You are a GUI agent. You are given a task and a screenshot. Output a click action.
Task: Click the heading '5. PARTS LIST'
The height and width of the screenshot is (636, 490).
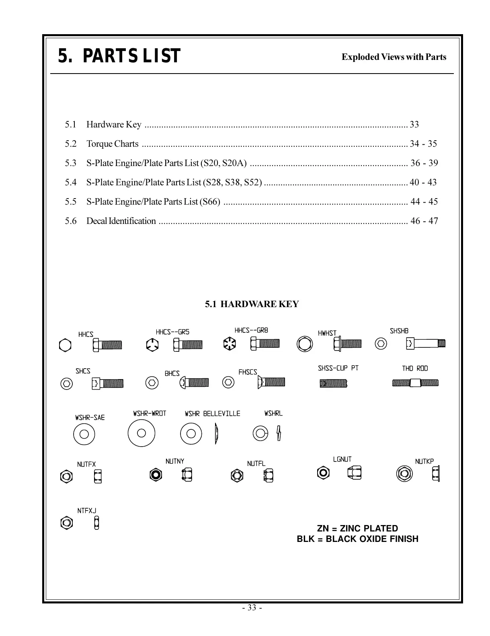[119, 56]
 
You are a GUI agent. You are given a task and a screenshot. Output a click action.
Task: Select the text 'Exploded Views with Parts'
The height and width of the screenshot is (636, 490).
[394, 57]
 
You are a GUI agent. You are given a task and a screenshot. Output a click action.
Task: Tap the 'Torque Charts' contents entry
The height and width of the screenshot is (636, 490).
[112, 144]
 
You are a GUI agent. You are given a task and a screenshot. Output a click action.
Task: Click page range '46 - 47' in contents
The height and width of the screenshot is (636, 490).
[424, 221]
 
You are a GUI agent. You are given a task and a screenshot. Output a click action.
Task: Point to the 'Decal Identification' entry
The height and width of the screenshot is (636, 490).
[121, 221]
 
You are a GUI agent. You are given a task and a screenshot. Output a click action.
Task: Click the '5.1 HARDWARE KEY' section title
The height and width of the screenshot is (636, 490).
[252, 304]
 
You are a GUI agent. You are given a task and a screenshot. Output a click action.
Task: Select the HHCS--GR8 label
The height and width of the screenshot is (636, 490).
[251, 330]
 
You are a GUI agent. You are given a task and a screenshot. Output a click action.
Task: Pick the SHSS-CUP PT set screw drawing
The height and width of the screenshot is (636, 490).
[333, 384]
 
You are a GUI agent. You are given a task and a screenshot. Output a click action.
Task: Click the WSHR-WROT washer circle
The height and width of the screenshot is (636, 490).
[141, 433]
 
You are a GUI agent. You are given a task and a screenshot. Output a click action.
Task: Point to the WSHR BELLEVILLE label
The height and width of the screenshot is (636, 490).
[212, 414]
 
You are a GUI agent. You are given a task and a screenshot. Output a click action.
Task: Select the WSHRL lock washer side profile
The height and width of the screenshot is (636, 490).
[279, 433]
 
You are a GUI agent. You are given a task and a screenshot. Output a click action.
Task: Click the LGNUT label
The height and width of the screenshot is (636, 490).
[342, 459]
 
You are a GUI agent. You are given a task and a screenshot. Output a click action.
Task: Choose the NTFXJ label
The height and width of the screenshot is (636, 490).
[87, 511]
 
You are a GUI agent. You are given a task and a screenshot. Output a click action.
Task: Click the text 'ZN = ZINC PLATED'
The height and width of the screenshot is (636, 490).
[357, 528]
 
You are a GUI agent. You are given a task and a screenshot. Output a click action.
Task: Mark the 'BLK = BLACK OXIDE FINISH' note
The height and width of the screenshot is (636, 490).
[357, 539]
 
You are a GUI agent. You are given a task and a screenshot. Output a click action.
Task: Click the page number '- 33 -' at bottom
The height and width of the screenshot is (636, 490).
[252, 607]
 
